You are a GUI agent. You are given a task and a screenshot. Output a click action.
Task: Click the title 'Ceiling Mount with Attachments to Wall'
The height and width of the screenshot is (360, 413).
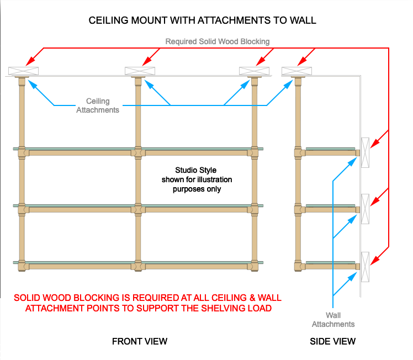click(x=203, y=21)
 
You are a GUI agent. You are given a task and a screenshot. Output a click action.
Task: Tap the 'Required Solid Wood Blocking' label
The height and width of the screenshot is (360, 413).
click(x=218, y=41)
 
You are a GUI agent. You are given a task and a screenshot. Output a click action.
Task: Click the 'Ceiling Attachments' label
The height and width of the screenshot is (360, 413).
click(x=98, y=105)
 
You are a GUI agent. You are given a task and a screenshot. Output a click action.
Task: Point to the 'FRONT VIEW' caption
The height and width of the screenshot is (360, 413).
click(x=140, y=341)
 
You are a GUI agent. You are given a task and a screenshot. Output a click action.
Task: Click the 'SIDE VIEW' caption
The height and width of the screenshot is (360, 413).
click(x=333, y=341)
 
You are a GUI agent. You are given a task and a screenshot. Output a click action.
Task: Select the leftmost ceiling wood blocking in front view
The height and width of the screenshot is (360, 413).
click(x=23, y=71)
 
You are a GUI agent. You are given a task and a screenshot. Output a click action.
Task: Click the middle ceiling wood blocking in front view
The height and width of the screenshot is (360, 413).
click(x=140, y=71)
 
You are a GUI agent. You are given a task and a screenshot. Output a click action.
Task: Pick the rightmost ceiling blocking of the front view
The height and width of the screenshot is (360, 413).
click(x=254, y=71)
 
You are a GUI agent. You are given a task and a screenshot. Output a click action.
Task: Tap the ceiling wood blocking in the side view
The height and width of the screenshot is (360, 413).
click(x=296, y=71)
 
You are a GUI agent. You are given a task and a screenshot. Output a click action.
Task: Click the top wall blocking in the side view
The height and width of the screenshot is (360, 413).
click(x=364, y=152)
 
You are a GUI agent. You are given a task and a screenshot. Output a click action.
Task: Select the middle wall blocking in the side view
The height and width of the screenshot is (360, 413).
click(x=364, y=209)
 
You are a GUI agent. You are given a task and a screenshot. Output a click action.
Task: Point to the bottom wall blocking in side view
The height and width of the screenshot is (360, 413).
click(x=364, y=266)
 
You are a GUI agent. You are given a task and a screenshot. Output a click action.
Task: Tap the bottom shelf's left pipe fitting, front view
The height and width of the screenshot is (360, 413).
click(x=22, y=266)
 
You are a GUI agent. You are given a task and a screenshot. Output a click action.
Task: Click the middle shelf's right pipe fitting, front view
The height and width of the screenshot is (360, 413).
click(x=255, y=209)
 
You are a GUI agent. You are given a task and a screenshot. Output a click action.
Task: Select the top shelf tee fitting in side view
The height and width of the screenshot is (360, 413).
click(x=298, y=152)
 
